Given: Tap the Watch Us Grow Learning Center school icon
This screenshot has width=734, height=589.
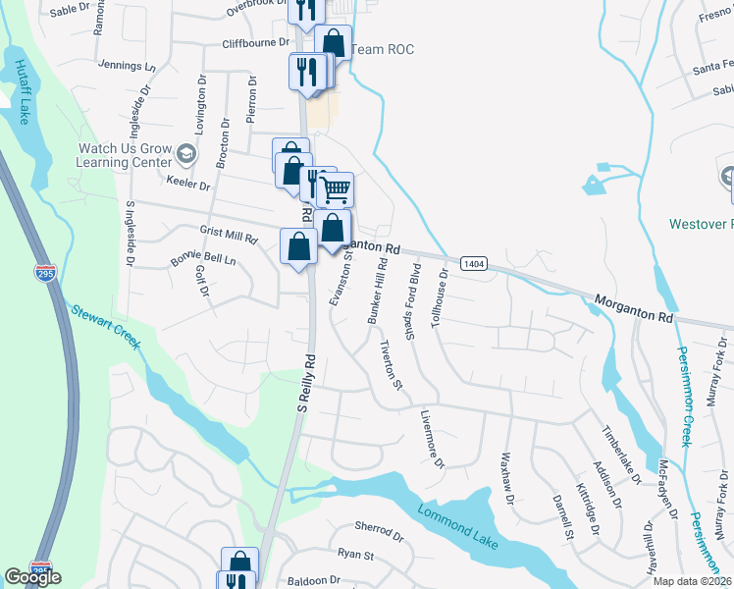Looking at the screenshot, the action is (186, 154).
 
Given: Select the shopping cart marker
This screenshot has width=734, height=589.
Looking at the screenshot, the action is (336, 188).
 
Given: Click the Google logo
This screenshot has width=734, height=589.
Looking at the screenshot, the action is (31, 577).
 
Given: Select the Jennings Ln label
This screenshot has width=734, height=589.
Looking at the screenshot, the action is (128, 66).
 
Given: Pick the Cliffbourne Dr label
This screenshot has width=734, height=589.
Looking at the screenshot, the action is (256, 43).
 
